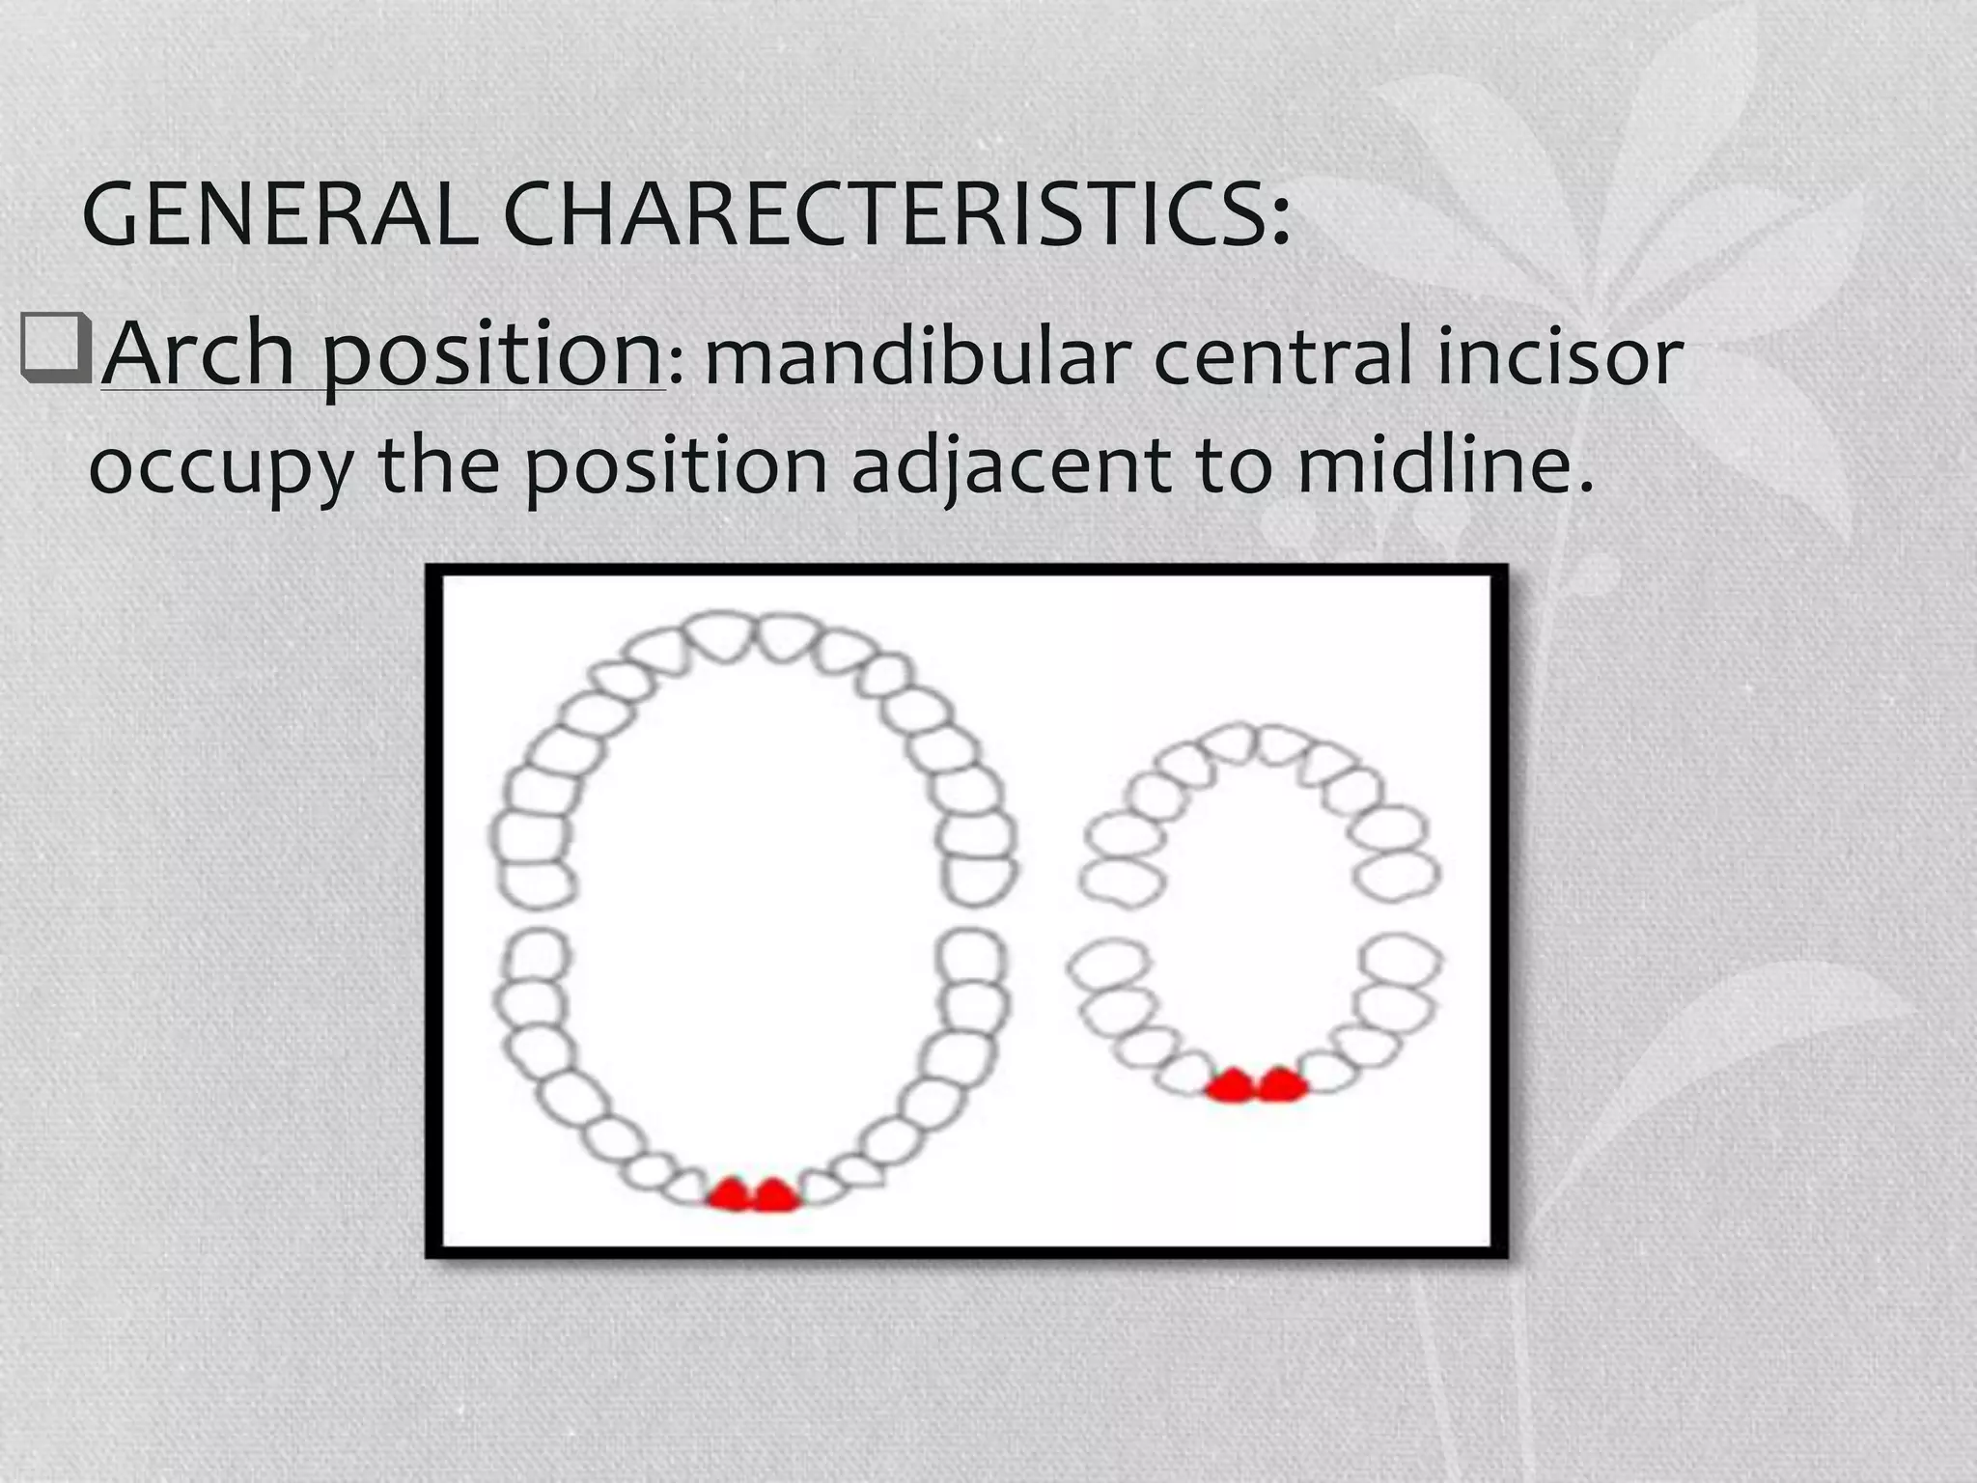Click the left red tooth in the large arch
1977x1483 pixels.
(730, 1195)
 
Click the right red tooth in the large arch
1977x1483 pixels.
(776, 1195)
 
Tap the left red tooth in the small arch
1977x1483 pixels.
(1233, 1085)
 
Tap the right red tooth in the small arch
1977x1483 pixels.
(1281, 1085)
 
